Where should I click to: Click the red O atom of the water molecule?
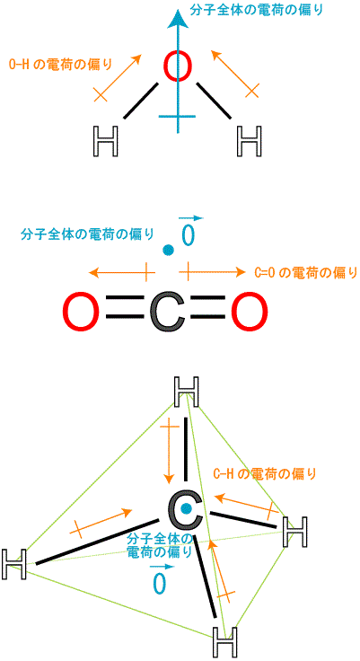[178, 66]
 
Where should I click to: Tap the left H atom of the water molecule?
[105, 141]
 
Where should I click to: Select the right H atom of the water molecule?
[250, 141]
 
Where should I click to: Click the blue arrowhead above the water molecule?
[178, 19]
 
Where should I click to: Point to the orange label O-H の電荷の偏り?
[61, 64]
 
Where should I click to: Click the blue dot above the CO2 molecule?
[168, 250]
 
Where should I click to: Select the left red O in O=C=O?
[82, 312]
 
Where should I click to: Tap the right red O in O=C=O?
[250, 312]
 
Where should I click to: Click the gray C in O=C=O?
[167, 312]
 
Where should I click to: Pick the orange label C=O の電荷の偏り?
[306, 272]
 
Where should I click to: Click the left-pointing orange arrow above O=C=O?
[120, 272]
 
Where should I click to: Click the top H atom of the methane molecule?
[186, 392]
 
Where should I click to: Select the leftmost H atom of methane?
[14, 564]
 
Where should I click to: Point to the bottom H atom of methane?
[224, 641]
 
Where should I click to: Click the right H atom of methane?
[294, 532]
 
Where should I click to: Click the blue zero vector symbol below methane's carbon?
[159, 577]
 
